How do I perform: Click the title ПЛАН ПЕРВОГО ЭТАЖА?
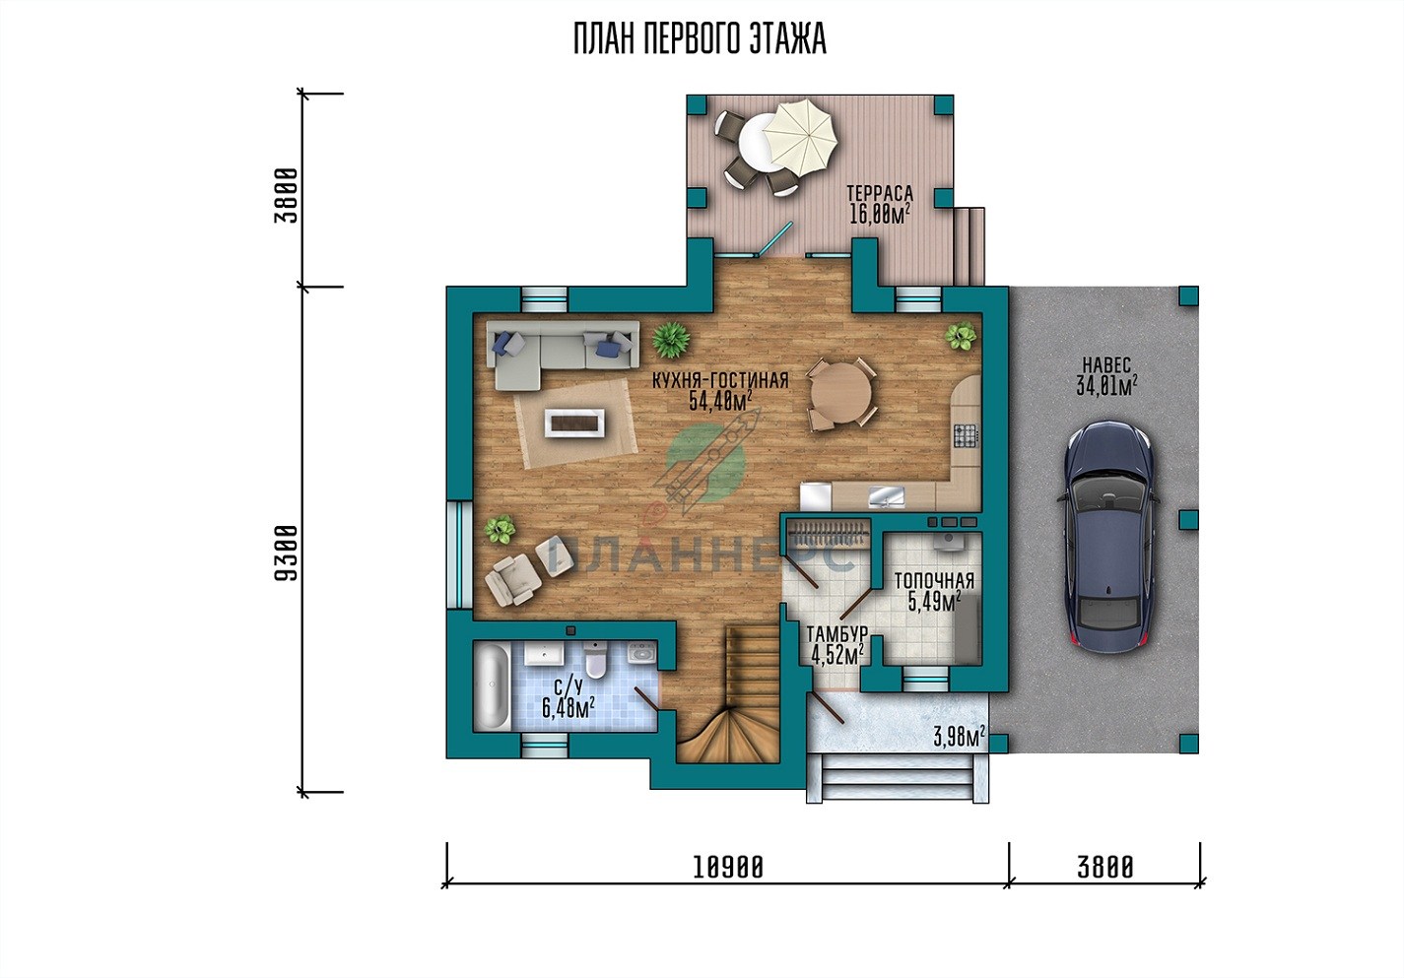(701, 38)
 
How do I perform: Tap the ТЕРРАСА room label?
(880, 193)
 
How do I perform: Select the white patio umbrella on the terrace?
(800, 140)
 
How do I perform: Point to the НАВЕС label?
(1106, 364)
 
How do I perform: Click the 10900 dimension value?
(728, 868)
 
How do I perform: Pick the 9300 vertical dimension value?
(286, 553)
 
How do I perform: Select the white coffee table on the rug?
(574, 423)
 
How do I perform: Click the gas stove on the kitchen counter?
(966, 435)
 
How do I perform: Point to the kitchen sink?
(887, 496)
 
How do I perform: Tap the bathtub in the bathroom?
(493, 686)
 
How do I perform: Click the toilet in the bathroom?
(595, 660)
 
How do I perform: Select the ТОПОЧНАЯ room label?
(934, 581)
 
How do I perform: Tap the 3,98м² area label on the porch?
(959, 737)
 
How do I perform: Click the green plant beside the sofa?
(671, 340)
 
